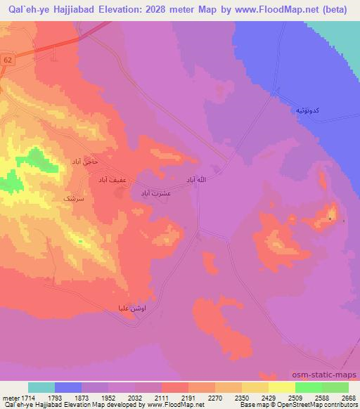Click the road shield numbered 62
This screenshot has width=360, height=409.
tap(8, 60)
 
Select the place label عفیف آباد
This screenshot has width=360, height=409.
tap(112, 179)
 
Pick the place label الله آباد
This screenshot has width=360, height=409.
tap(195, 180)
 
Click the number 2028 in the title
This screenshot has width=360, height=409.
tap(160, 10)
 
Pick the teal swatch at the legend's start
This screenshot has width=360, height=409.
tap(41, 387)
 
